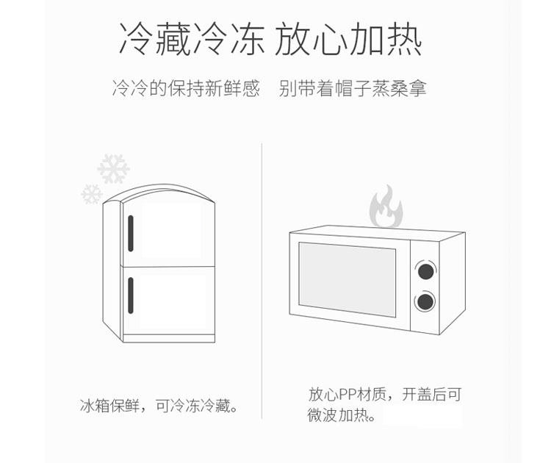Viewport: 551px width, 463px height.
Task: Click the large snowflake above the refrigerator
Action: coord(113,168)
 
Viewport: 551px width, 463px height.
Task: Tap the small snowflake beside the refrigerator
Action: coord(92,194)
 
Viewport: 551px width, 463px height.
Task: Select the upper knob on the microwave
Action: coord(424,270)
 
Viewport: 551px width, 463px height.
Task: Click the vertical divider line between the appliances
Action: coord(262,279)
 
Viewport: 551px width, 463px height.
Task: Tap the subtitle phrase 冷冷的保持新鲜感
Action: coord(186,90)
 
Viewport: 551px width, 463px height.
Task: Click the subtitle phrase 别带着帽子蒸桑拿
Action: coord(353,90)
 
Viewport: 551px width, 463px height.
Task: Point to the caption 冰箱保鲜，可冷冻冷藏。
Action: coord(161,406)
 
